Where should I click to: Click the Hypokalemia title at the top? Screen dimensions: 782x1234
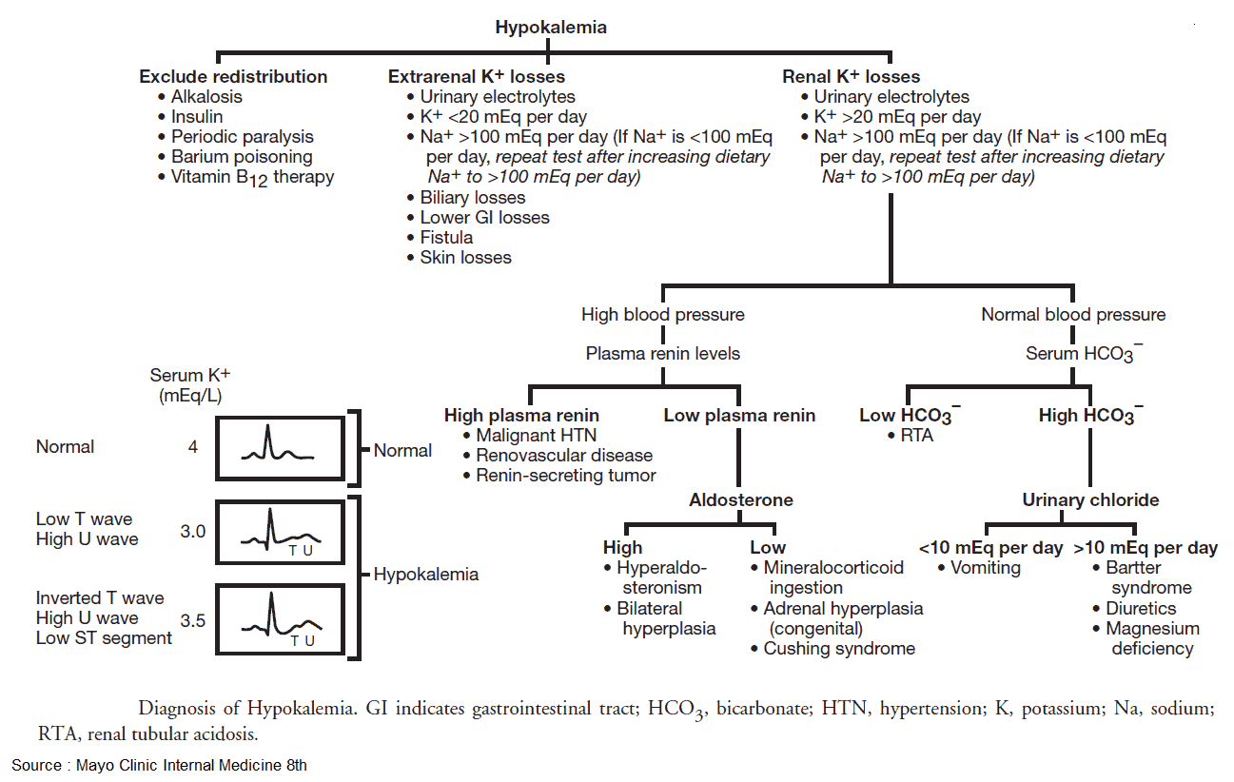coord(551,28)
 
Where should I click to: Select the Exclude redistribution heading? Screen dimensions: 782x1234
coord(233,77)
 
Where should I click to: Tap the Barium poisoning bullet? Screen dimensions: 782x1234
coord(242,157)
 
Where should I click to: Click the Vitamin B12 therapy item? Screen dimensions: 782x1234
coord(252,177)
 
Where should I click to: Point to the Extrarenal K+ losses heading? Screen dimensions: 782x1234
coord(476,77)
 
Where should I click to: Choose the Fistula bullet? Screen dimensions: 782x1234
coord(446,237)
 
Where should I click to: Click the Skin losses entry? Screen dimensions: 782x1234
coord(465,257)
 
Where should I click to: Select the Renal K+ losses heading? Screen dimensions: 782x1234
coord(851,77)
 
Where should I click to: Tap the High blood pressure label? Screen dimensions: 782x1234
coord(663,314)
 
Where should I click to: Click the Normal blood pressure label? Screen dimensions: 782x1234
coord(1073,314)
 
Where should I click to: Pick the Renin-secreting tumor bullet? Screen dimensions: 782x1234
coord(566,475)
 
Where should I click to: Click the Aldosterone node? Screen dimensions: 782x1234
coord(741,499)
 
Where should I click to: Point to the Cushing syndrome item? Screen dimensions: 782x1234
coord(839,648)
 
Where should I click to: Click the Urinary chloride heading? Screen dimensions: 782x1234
coord(1090,499)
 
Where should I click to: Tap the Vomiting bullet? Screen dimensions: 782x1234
coord(985,568)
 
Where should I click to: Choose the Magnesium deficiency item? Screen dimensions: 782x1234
coord(1152,638)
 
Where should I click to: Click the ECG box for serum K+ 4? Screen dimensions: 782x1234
coord(281,447)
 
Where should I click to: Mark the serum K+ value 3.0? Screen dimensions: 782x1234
coord(192,532)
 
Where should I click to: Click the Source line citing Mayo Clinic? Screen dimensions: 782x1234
coord(159,764)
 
